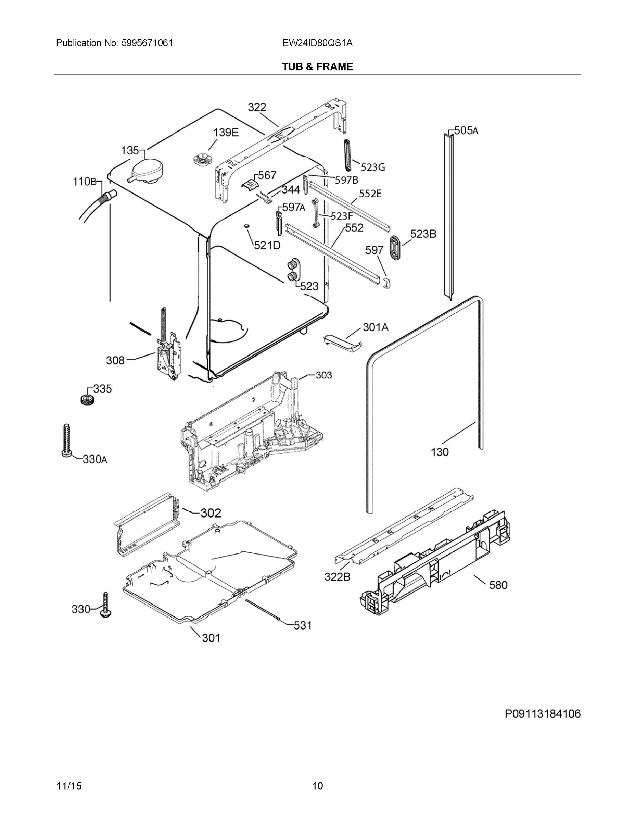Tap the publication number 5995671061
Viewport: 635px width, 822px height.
click(147, 43)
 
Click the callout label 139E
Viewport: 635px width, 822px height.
click(226, 133)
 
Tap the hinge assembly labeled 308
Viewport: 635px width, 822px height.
click(169, 356)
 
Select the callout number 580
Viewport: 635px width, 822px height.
click(498, 585)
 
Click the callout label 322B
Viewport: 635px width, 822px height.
click(338, 577)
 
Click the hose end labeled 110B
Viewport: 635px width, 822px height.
click(108, 197)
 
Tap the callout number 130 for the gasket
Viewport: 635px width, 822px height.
click(440, 452)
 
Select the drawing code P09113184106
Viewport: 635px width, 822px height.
click(543, 714)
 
